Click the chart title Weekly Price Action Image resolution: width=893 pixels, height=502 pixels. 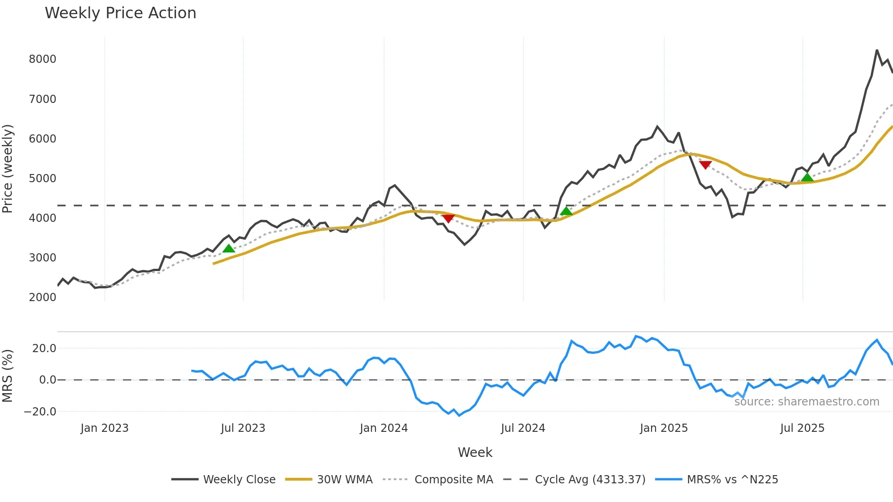point(120,13)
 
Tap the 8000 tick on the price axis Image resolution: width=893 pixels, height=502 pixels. point(42,59)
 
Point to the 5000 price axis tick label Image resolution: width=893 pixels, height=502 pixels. point(42,179)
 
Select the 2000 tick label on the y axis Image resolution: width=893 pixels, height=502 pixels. point(42,297)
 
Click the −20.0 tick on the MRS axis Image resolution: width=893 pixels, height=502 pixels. point(40,412)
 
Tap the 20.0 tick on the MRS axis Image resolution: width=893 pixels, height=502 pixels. point(44,348)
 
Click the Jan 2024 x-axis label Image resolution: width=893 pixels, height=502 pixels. point(384,428)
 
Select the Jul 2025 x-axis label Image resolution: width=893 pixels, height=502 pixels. point(802,428)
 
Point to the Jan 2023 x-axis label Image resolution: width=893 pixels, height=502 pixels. point(104,428)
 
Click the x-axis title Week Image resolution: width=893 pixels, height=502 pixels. point(475,452)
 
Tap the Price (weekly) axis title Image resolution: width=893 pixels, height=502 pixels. point(8,169)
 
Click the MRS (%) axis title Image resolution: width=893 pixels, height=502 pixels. point(8,376)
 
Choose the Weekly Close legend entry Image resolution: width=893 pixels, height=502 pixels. point(239,480)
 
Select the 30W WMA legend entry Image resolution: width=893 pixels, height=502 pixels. point(344,480)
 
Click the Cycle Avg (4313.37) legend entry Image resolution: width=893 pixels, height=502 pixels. point(590,480)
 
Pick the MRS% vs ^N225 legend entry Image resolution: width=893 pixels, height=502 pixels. point(732,480)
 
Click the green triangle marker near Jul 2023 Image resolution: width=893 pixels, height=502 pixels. point(229,248)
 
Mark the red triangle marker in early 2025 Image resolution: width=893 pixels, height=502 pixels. point(705,165)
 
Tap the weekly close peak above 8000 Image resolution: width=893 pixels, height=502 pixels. point(877,51)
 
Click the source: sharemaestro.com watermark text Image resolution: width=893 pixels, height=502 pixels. point(806,402)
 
